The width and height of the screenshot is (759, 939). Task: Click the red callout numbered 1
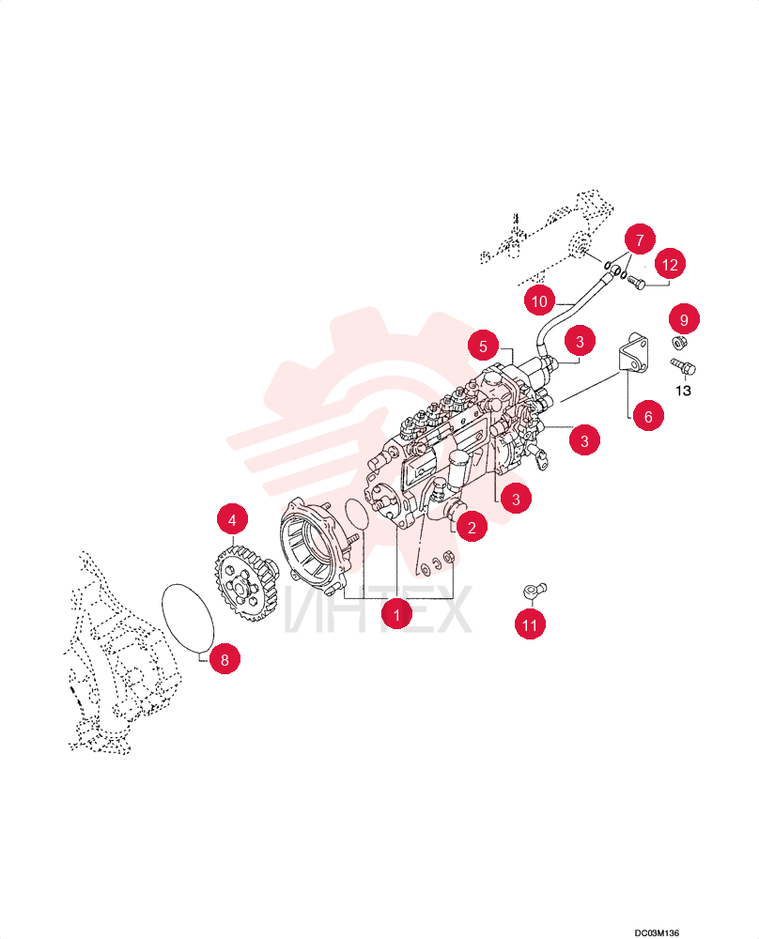(x=396, y=614)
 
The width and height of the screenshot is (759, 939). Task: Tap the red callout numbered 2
(x=472, y=527)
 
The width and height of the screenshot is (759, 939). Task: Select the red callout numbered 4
(x=232, y=519)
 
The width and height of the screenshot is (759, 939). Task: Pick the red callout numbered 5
(x=483, y=346)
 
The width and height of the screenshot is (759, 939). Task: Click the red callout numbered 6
(x=647, y=416)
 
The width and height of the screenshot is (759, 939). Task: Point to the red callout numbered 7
(x=639, y=239)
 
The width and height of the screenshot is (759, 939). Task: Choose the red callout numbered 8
(x=225, y=659)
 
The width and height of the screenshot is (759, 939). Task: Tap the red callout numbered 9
(x=684, y=319)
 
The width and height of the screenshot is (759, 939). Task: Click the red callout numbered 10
(x=539, y=300)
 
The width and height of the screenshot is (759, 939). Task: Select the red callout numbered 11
(x=530, y=624)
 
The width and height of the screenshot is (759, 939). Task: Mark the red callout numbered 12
(x=669, y=264)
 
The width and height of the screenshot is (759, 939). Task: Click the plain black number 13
(x=683, y=391)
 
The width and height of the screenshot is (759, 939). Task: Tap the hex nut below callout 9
(x=679, y=343)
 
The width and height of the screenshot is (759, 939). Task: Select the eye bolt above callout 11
(x=534, y=590)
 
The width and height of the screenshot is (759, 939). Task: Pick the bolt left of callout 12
(x=636, y=282)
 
